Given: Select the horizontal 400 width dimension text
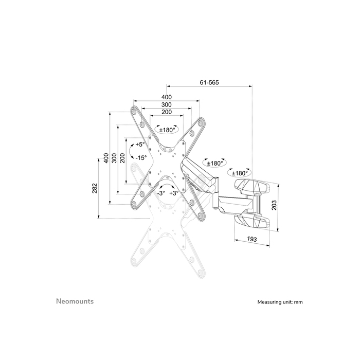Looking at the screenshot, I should [166, 97].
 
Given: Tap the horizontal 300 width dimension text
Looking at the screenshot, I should [166, 104].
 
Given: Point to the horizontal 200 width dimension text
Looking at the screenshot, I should [166, 112].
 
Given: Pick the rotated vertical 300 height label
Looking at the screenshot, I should [114, 157].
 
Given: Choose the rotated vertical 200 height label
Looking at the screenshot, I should [122, 157].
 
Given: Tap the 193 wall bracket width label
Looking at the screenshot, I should [253, 239].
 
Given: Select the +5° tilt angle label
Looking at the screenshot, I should [140, 145].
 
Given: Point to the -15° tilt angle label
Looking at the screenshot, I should [141, 158].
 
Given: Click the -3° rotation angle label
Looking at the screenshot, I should [160, 193].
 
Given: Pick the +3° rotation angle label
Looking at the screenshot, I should [174, 193].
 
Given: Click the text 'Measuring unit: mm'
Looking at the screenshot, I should [280, 302].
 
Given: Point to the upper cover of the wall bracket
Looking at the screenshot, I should [251, 185].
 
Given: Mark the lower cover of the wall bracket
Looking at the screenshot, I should [251, 222].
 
